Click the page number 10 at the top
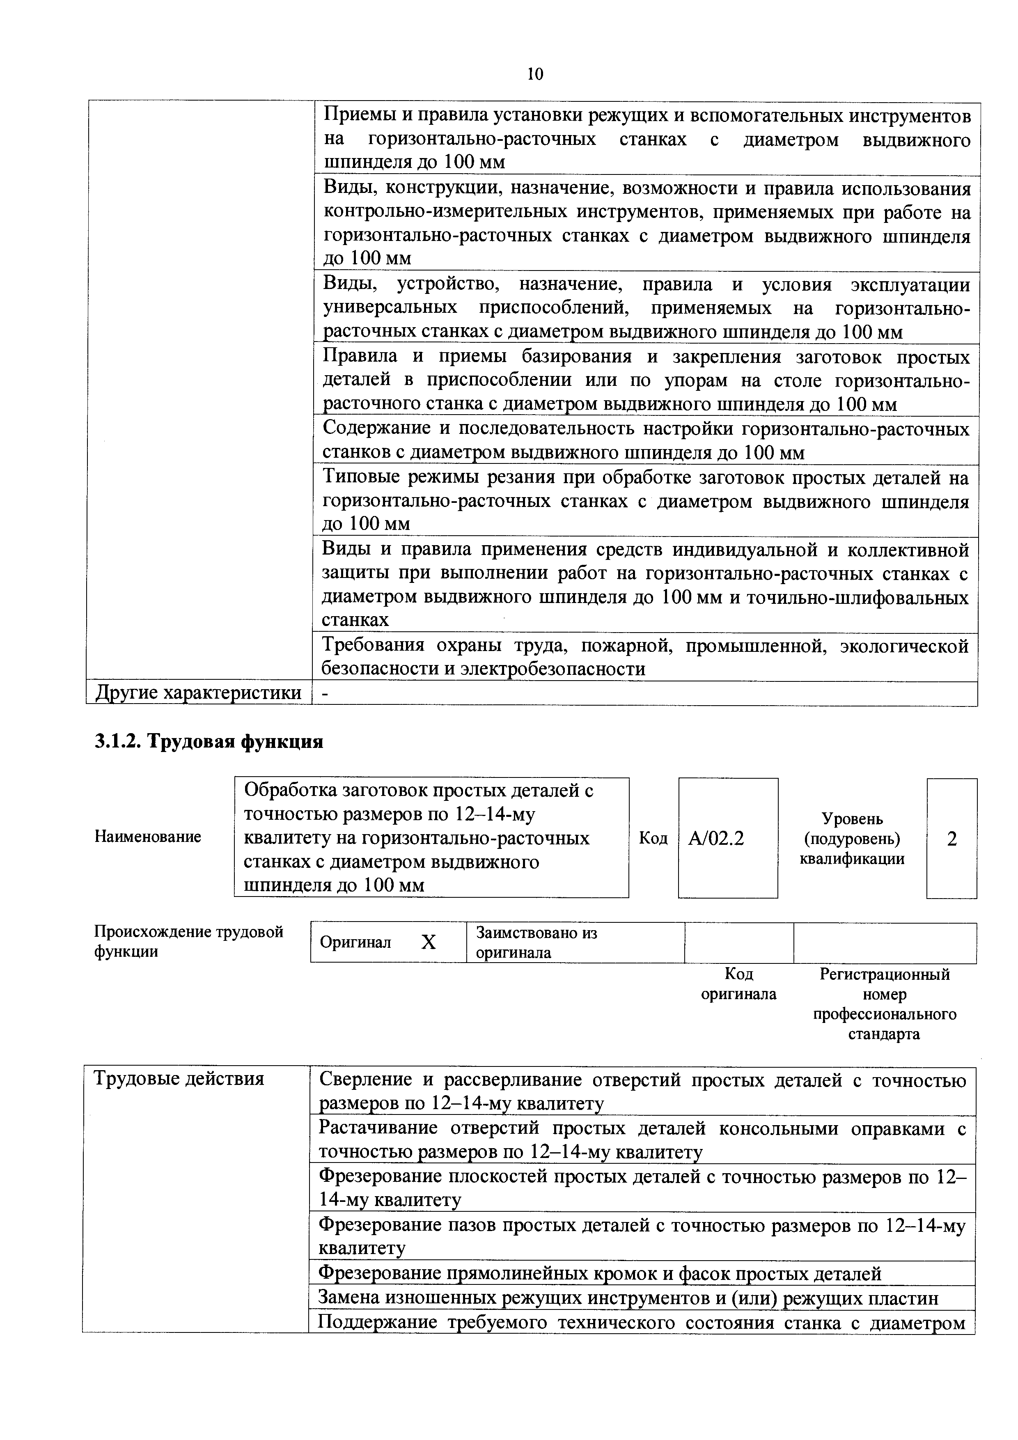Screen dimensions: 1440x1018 [x=534, y=74]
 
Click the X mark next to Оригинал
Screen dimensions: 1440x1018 [x=429, y=942]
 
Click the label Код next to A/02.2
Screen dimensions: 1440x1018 [x=653, y=839]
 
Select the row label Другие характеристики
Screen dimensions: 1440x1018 [x=198, y=693]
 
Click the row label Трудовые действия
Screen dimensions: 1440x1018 [x=179, y=1079]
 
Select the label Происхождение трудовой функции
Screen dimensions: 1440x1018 [x=188, y=941]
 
